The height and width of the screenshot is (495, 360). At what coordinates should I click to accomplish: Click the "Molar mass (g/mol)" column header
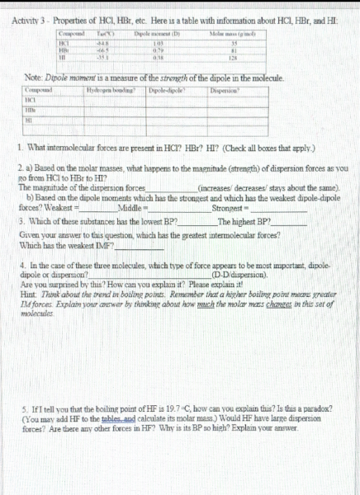click(x=233, y=32)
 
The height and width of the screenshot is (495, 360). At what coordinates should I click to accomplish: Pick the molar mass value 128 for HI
click(x=233, y=59)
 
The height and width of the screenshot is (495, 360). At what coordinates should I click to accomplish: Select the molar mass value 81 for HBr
click(x=233, y=51)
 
